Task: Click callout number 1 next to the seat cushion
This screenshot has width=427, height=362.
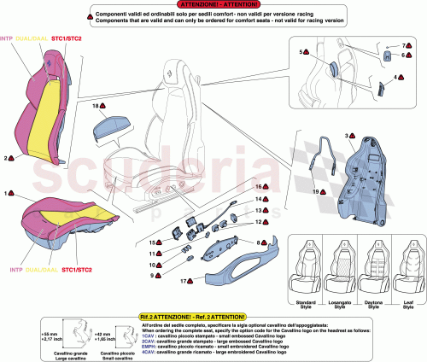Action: tap(8, 194)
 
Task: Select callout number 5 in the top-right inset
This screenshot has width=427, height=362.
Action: tap(302, 52)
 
